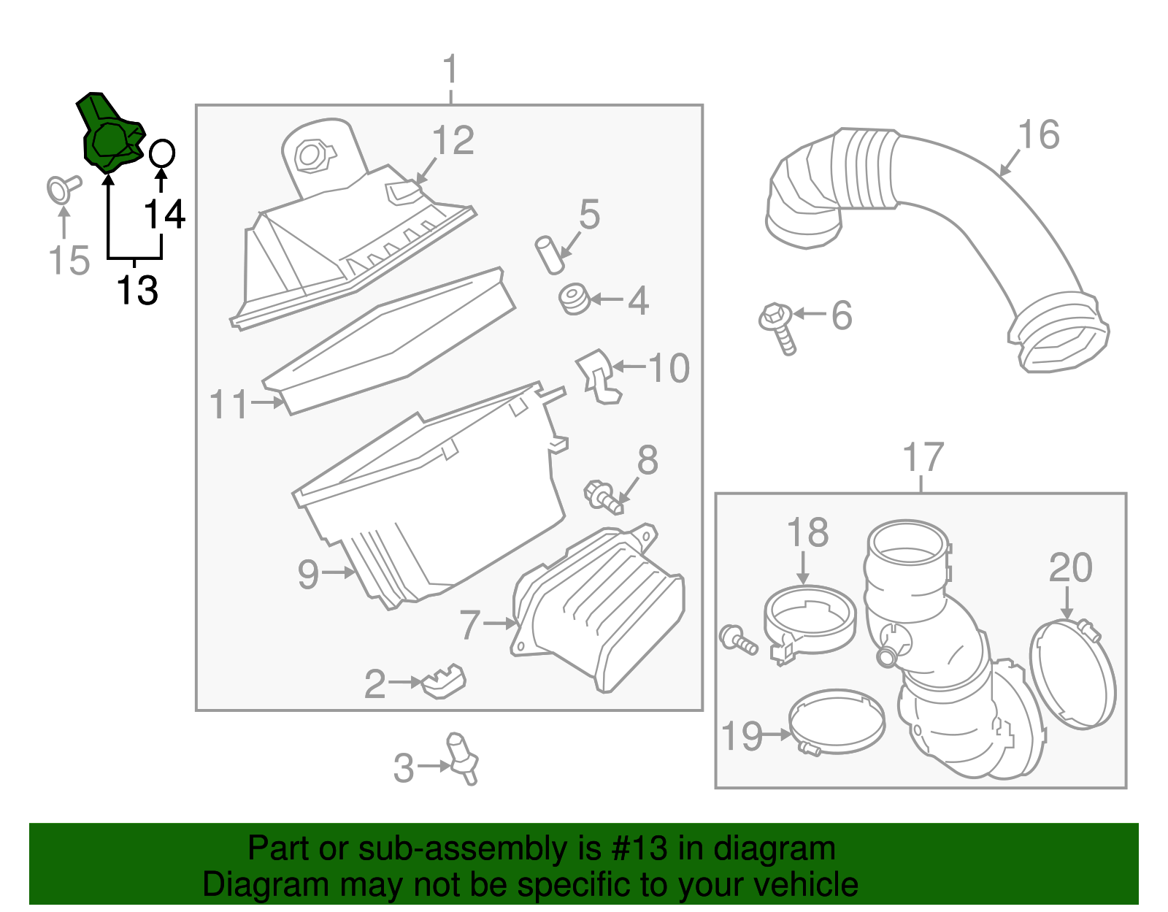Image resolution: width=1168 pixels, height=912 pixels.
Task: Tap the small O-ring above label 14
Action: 161,153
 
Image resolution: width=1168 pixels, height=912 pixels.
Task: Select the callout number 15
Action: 69,261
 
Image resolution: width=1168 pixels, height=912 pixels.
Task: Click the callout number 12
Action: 453,141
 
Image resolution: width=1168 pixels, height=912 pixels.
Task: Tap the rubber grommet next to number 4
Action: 574,299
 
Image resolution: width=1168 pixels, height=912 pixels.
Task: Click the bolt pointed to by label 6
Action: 777,326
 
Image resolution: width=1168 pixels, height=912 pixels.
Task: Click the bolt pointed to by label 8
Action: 603,497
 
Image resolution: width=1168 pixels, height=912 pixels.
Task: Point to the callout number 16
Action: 1038,136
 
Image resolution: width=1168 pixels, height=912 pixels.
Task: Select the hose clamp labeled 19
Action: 837,722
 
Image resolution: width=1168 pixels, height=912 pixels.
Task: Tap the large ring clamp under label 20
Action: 1072,672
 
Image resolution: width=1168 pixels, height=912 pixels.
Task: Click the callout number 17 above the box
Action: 923,459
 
